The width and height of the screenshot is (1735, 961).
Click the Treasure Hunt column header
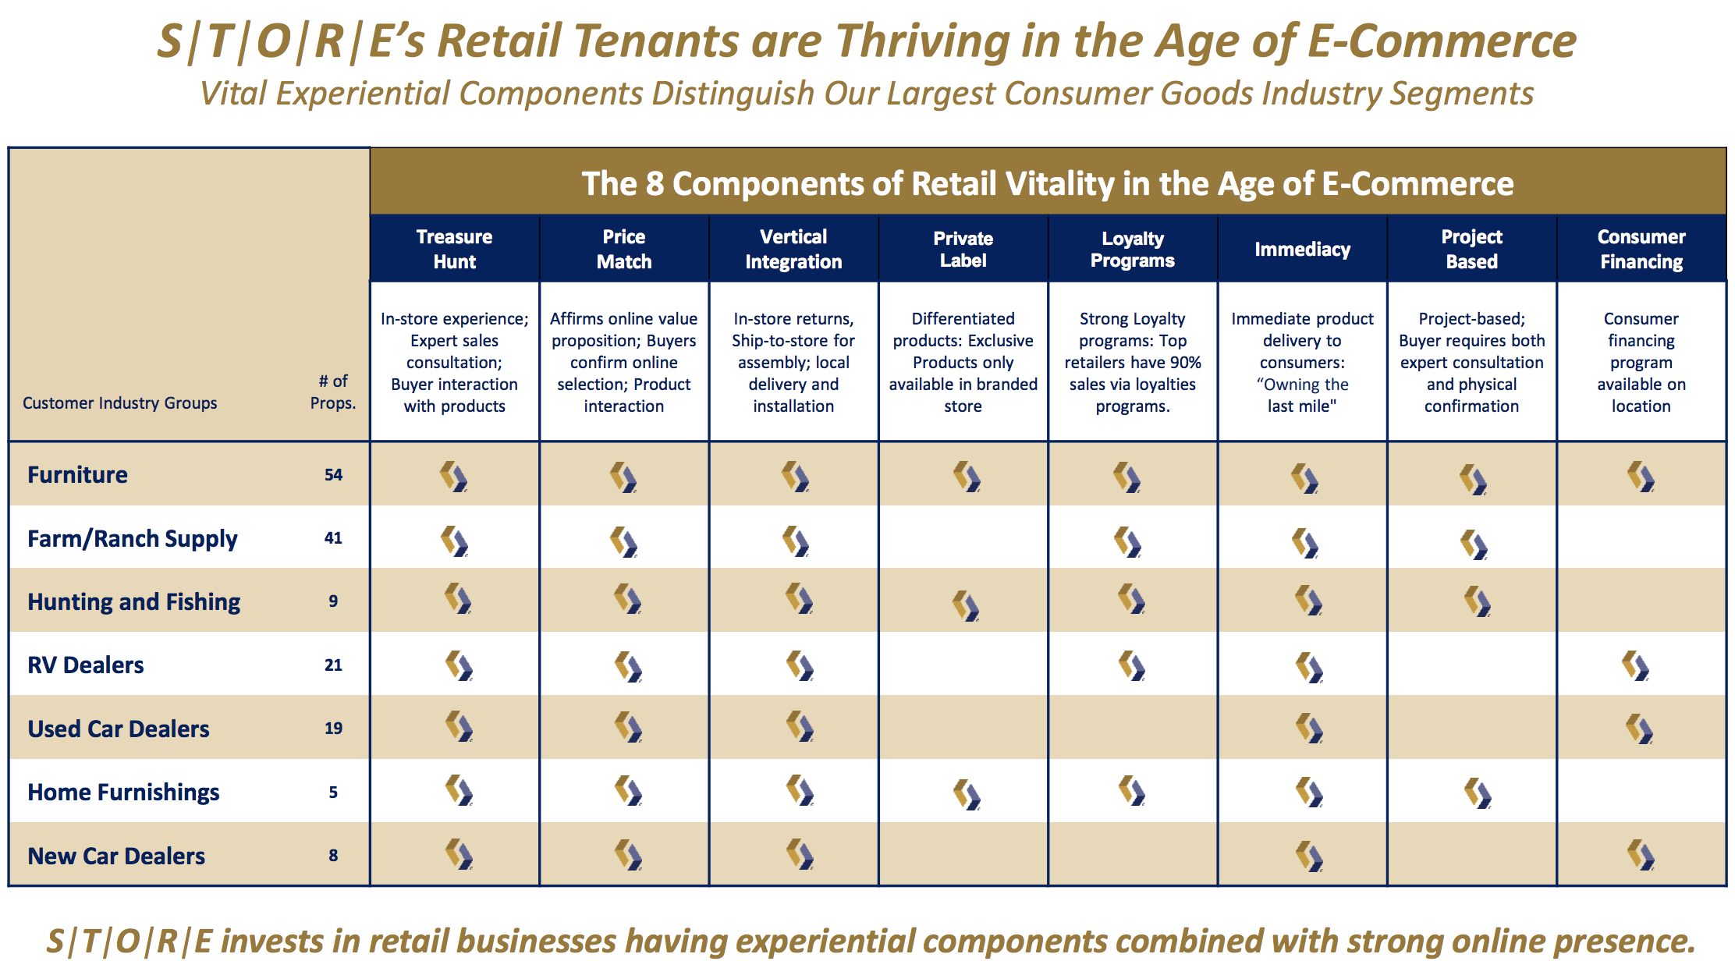click(454, 249)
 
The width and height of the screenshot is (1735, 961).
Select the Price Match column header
click(624, 249)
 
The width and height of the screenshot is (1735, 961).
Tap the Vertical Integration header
click(793, 249)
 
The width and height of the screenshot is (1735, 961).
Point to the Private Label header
click(963, 249)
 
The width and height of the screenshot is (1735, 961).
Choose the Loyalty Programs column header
click(1133, 249)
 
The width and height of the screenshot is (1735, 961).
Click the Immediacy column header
click(1303, 249)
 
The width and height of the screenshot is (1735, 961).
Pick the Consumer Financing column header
click(1641, 249)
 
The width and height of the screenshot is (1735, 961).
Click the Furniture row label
click(77, 474)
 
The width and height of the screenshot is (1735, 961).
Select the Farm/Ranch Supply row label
click(133, 538)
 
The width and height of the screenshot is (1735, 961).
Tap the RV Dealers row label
click(86, 665)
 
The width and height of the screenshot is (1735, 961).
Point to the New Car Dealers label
click(116, 856)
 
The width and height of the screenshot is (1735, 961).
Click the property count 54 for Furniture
click(333, 474)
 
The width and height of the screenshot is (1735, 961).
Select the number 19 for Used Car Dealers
click(333, 728)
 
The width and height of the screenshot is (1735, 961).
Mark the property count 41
click(333, 537)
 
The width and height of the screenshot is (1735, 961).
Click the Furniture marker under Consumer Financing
click(1641, 476)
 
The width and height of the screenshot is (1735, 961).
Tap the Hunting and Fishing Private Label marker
click(966, 605)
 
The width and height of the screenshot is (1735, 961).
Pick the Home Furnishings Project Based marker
click(1478, 793)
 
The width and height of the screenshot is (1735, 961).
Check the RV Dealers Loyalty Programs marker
click(1132, 665)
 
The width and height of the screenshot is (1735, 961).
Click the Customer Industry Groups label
click(120, 402)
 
